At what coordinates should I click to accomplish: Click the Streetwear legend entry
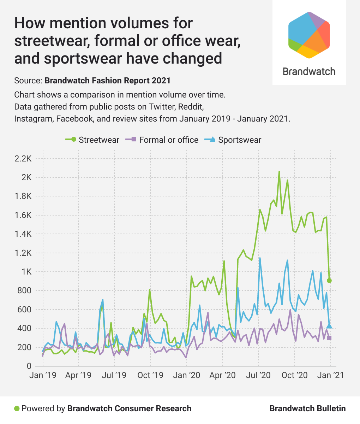[92, 140]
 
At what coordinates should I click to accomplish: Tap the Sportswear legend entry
[233, 140]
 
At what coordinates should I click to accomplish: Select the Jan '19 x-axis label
[43, 375]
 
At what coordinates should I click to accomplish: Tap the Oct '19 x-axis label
[150, 375]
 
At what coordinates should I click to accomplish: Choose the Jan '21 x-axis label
[330, 375]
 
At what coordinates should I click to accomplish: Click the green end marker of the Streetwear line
[329, 281]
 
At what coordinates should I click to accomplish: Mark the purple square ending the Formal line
[329, 338]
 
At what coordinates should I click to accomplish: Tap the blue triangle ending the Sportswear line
[329, 326]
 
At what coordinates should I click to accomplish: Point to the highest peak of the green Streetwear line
[279, 172]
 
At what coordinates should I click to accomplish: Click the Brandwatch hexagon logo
[309, 35]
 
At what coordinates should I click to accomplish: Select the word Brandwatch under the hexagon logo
[309, 72]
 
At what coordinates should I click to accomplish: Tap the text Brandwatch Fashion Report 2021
[107, 81]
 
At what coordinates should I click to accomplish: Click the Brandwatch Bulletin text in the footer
[307, 409]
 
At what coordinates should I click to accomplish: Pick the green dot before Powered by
[17, 409]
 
